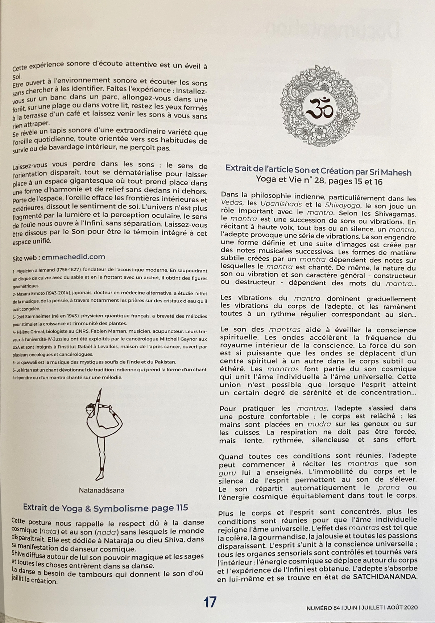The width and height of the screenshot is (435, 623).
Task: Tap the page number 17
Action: pyautogui.click(x=210, y=602)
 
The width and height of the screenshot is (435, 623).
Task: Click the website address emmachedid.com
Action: pyautogui.click(x=73, y=257)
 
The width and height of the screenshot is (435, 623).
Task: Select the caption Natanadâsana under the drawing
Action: pyautogui.click(x=101, y=490)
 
